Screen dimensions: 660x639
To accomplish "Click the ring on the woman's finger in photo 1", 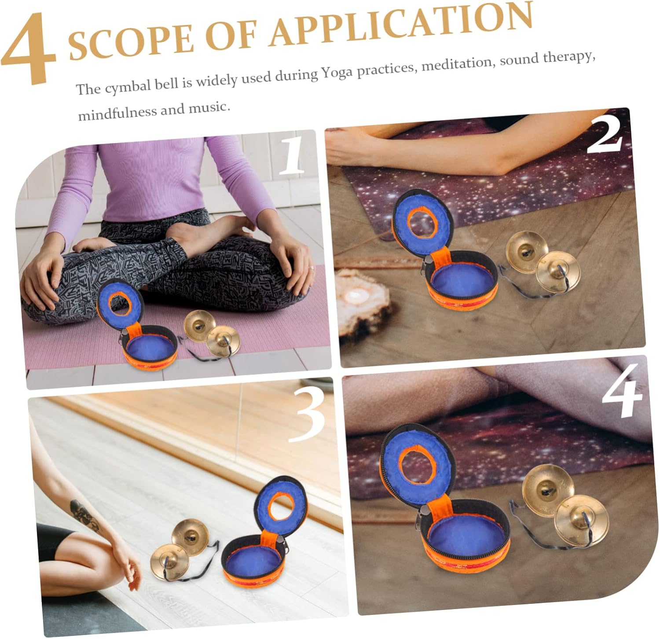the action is tap(311, 267).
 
